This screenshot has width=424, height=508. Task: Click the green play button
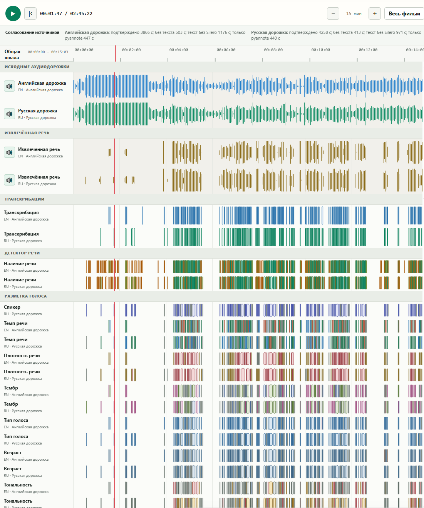(x=13, y=13)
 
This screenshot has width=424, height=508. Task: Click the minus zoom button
(x=333, y=13)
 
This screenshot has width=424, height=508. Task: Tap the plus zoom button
(x=375, y=13)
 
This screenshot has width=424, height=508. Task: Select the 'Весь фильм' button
(x=404, y=13)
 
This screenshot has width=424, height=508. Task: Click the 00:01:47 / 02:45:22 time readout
(x=66, y=13)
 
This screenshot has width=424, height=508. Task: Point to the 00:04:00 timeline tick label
(x=179, y=50)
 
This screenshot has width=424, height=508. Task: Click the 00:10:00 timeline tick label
(x=320, y=50)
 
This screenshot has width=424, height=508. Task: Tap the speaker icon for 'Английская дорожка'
(x=10, y=86)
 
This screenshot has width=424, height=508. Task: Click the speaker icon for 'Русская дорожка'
(x=10, y=114)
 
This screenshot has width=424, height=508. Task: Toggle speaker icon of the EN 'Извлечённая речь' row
(x=10, y=152)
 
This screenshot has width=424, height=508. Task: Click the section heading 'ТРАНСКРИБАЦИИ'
(x=24, y=199)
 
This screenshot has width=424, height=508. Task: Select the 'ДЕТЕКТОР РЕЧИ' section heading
(x=22, y=253)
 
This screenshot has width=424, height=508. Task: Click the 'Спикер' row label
(x=12, y=307)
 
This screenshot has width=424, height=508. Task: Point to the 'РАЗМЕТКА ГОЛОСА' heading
(x=25, y=296)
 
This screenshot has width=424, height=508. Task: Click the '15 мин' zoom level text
(x=354, y=13)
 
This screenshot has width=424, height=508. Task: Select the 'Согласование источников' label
(x=32, y=32)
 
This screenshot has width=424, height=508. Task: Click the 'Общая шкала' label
(x=12, y=55)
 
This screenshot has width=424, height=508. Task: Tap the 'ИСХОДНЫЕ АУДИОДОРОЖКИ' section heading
(x=37, y=67)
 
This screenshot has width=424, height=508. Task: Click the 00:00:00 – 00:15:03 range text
(x=48, y=52)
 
